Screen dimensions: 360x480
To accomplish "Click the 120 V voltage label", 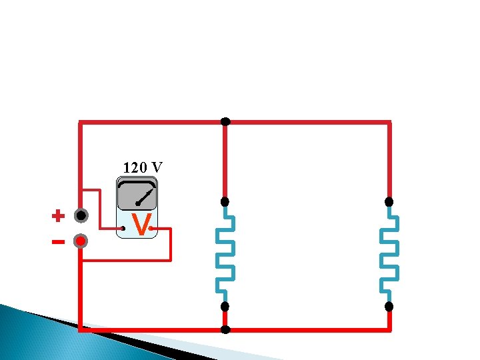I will click(x=143, y=167).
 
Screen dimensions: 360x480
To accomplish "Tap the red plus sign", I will click(x=59, y=216).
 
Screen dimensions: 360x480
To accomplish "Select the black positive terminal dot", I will click(x=81, y=216).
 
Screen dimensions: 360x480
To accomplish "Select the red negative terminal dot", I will click(x=81, y=241).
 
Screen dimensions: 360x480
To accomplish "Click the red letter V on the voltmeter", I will click(x=140, y=225).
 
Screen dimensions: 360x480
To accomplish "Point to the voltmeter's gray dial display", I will click(x=137, y=195).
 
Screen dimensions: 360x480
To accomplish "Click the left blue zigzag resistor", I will click(x=225, y=253).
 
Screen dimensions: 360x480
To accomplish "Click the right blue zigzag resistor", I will click(x=389, y=253).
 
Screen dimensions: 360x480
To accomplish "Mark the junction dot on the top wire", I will click(x=225, y=121).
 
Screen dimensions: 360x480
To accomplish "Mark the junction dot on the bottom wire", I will click(x=225, y=329).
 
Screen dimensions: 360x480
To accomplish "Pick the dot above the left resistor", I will click(x=225, y=201).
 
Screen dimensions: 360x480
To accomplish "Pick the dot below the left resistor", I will click(x=225, y=307).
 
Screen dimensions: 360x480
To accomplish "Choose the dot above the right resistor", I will click(x=389, y=201).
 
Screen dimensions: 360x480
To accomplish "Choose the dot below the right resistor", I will click(x=389, y=307).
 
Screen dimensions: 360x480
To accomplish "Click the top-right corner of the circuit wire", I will click(x=389, y=123).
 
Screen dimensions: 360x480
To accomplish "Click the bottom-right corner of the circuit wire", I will click(x=389, y=329).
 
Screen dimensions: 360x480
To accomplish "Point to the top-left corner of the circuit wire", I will click(x=81, y=123).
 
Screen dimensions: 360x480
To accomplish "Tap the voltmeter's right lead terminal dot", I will click(x=153, y=229).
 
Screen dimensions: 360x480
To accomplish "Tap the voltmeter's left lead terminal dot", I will click(x=123, y=229).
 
